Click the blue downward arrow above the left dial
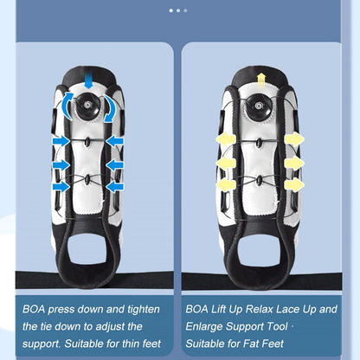(88, 80)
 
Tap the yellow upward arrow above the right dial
(261, 80)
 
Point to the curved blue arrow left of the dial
(67, 106)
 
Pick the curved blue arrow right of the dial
(109, 108)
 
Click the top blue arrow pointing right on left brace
(61, 141)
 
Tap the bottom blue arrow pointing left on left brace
(115, 187)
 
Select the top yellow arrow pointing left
(226, 140)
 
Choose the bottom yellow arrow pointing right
(294, 184)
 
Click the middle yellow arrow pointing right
(294, 164)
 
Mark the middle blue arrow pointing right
(61, 165)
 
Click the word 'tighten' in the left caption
(144, 310)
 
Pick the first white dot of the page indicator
(171, 10)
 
